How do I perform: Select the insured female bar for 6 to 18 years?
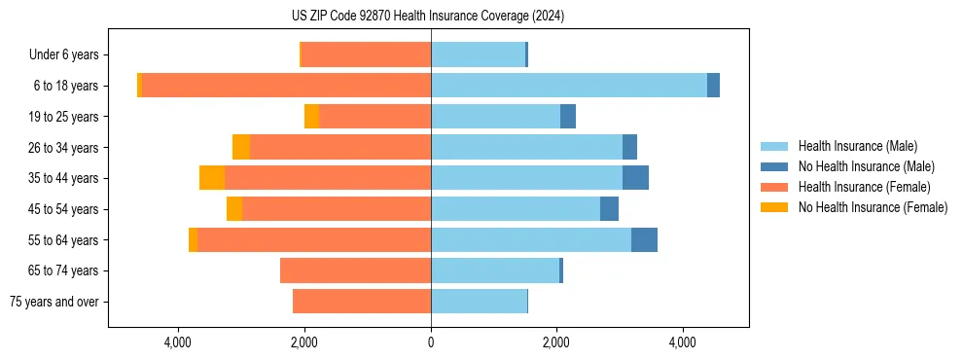(286, 86)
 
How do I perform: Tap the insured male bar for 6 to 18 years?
(569, 86)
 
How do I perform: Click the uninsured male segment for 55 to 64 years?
(644, 240)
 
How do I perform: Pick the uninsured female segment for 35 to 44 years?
(212, 178)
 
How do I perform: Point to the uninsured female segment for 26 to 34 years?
(241, 147)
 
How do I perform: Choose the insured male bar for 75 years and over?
(479, 302)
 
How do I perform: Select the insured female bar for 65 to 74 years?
(355, 270)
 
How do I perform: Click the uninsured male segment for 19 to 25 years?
(568, 117)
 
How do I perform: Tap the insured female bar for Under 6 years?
(366, 54)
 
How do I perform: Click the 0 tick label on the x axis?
(431, 343)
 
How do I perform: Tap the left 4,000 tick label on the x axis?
(178, 343)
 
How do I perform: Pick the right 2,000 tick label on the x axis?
(556, 343)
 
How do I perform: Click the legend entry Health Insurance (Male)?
(857, 146)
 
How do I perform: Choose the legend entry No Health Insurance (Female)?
(873, 207)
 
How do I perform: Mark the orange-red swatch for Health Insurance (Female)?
(775, 187)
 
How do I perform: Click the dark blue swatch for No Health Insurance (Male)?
(775, 166)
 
